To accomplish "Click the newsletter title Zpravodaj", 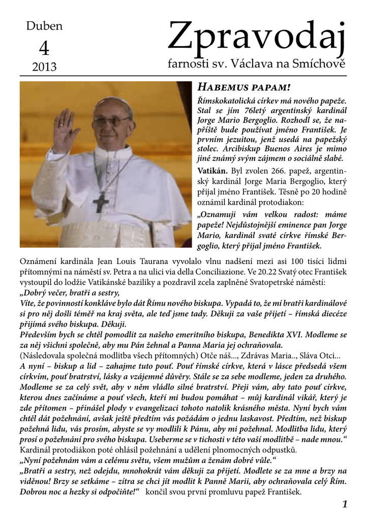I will click(x=256, y=41).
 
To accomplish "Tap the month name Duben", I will click(x=44, y=26).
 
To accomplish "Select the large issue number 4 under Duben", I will click(x=44, y=48).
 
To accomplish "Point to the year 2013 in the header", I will click(x=44, y=67).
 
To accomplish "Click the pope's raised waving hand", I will click(x=65, y=129).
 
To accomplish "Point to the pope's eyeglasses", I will click(x=111, y=121).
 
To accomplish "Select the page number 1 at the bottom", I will click(x=345, y=504).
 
